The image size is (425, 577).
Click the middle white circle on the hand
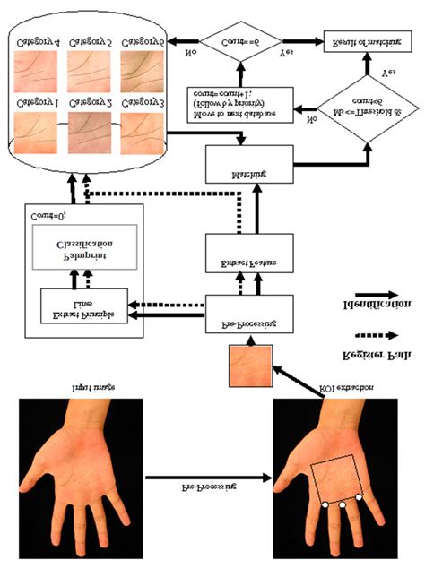(342, 507)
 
